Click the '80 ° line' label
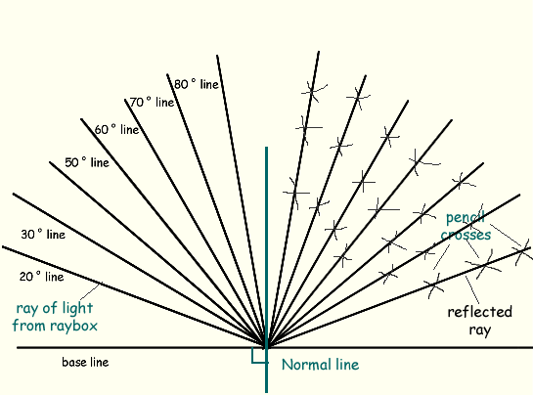197,84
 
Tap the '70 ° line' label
152,102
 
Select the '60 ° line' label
116,129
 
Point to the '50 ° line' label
87,162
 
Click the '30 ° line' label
43,235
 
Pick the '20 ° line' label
41,277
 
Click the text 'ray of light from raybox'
55,317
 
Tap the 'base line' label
85,362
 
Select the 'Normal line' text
320,365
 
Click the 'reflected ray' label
479,321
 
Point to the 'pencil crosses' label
466,226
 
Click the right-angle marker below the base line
259,356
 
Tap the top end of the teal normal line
266,148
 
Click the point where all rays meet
266,347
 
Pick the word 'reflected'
479,312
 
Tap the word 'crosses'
466,235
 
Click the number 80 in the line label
181,84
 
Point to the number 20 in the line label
26,277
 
